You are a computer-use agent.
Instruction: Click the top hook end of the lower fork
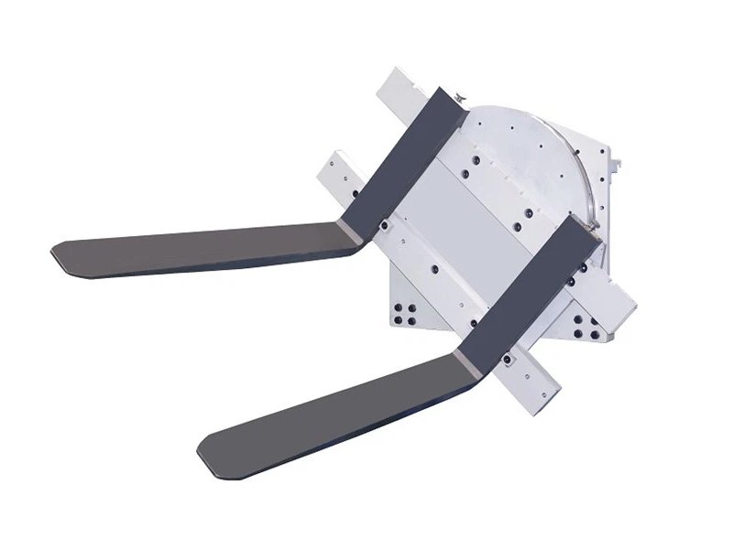pyautogui.click(x=586, y=229)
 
